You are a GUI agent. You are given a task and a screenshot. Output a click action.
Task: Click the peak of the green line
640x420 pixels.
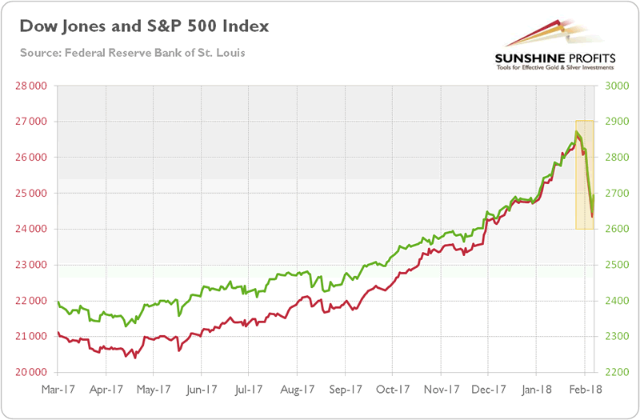tap(577, 131)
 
